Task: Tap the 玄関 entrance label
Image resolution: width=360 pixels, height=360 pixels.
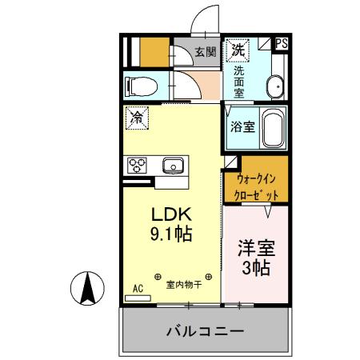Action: click(205, 53)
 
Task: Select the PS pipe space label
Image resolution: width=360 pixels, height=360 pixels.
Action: click(282, 45)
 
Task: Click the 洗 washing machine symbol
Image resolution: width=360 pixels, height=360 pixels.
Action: click(238, 50)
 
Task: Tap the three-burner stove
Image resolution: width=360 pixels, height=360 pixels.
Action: click(135, 166)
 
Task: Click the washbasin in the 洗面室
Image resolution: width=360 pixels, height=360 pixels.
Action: click(274, 86)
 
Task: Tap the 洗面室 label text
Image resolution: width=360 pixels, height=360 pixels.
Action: click(239, 82)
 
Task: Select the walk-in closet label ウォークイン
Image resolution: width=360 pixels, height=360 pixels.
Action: click(256, 179)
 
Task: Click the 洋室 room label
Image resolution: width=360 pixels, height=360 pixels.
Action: click(256, 247)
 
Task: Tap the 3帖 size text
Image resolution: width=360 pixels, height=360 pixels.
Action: click(256, 268)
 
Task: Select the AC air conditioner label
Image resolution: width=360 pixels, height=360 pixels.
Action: click(137, 289)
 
